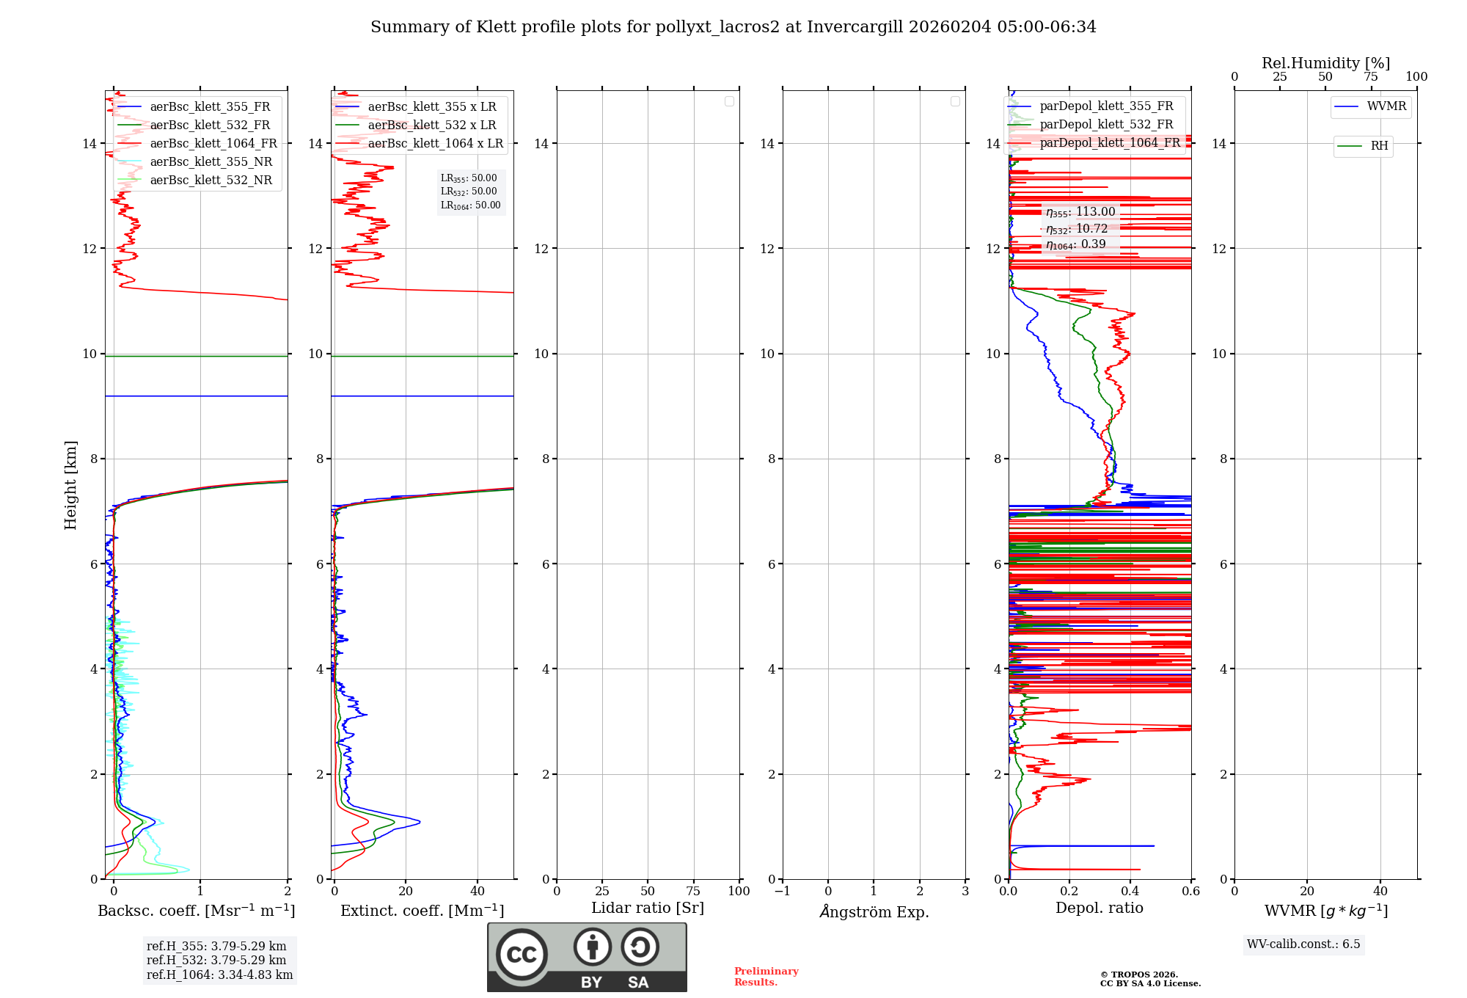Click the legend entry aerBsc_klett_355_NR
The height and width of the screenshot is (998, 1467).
(x=211, y=162)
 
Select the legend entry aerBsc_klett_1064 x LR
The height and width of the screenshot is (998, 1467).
(x=435, y=144)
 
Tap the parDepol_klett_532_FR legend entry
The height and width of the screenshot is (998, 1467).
(x=1106, y=125)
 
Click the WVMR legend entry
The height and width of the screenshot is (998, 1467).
(x=1386, y=106)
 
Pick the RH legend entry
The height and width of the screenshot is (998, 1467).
(x=1379, y=146)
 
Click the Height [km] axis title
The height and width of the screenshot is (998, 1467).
(x=70, y=485)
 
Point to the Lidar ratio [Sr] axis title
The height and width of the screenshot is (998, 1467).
(x=648, y=908)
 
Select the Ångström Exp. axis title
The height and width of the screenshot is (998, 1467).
(x=874, y=912)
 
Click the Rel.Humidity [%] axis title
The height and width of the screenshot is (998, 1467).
(x=1325, y=63)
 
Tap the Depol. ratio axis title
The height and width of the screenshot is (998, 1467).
(x=1099, y=908)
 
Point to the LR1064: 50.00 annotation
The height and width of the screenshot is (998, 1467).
(x=471, y=205)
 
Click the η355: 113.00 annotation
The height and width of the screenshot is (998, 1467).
(x=1080, y=212)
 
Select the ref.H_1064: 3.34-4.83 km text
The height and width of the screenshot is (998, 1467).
(x=219, y=975)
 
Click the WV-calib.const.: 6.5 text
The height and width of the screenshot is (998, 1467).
(x=1303, y=944)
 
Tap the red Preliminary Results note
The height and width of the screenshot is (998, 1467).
(x=766, y=977)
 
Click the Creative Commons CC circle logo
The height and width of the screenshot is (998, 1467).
(x=522, y=955)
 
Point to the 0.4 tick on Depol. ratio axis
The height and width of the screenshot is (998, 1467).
(x=1130, y=892)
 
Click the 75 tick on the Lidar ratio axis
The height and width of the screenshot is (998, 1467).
(x=693, y=892)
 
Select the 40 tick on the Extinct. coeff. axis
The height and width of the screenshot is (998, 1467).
(x=478, y=892)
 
